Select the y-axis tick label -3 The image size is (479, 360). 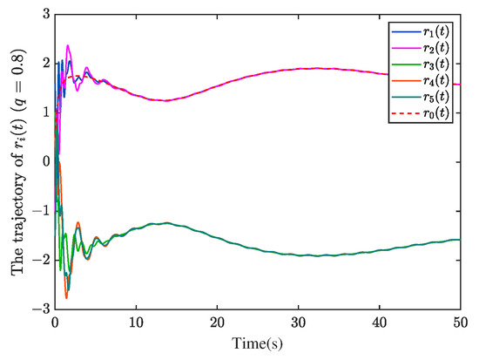tap(41, 309)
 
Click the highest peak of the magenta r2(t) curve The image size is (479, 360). tap(68, 45)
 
